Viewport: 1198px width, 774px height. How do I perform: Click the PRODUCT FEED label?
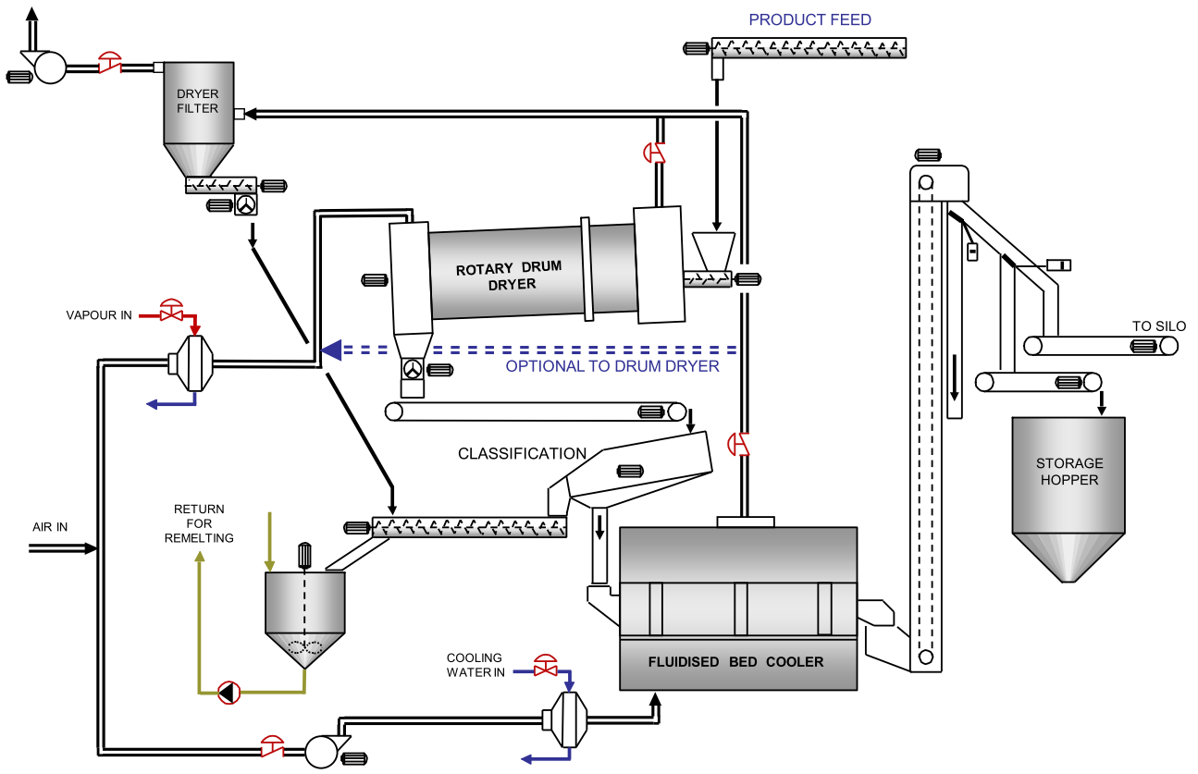[809, 19]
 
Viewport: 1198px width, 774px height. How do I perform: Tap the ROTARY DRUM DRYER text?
[509, 276]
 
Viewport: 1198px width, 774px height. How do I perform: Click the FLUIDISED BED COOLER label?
[735, 662]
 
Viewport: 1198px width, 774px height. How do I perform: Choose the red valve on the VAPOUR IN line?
[171, 311]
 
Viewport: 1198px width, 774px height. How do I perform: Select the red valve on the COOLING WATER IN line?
[546, 664]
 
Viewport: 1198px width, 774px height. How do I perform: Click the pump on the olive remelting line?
[228, 692]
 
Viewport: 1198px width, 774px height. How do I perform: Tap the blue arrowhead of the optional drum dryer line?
[331, 350]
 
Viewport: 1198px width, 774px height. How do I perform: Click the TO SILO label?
[1158, 326]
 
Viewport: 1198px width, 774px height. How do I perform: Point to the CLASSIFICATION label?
[522, 454]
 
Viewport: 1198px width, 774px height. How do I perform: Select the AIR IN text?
[50, 527]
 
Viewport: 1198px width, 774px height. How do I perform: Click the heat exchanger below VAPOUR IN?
[192, 363]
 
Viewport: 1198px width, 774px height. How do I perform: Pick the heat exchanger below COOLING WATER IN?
[565, 719]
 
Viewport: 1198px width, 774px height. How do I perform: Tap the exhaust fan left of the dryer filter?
[48, 68]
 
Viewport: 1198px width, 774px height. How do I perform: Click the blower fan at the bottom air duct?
[322, 750]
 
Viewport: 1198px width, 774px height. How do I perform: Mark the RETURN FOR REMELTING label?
[199, 523]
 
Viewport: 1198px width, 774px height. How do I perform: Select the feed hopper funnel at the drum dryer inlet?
[714, 248]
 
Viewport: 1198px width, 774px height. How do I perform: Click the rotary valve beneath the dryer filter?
[246, 205]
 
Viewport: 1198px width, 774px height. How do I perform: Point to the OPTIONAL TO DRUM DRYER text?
[612, 366]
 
